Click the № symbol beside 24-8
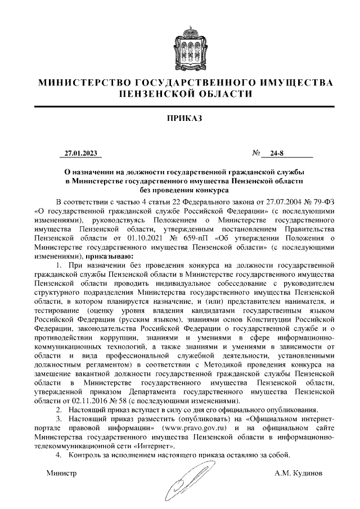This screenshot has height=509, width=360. pyautogui.click(x=256, y=152)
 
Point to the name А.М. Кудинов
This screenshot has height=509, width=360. pyautogui.click(x=299, y=473)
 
